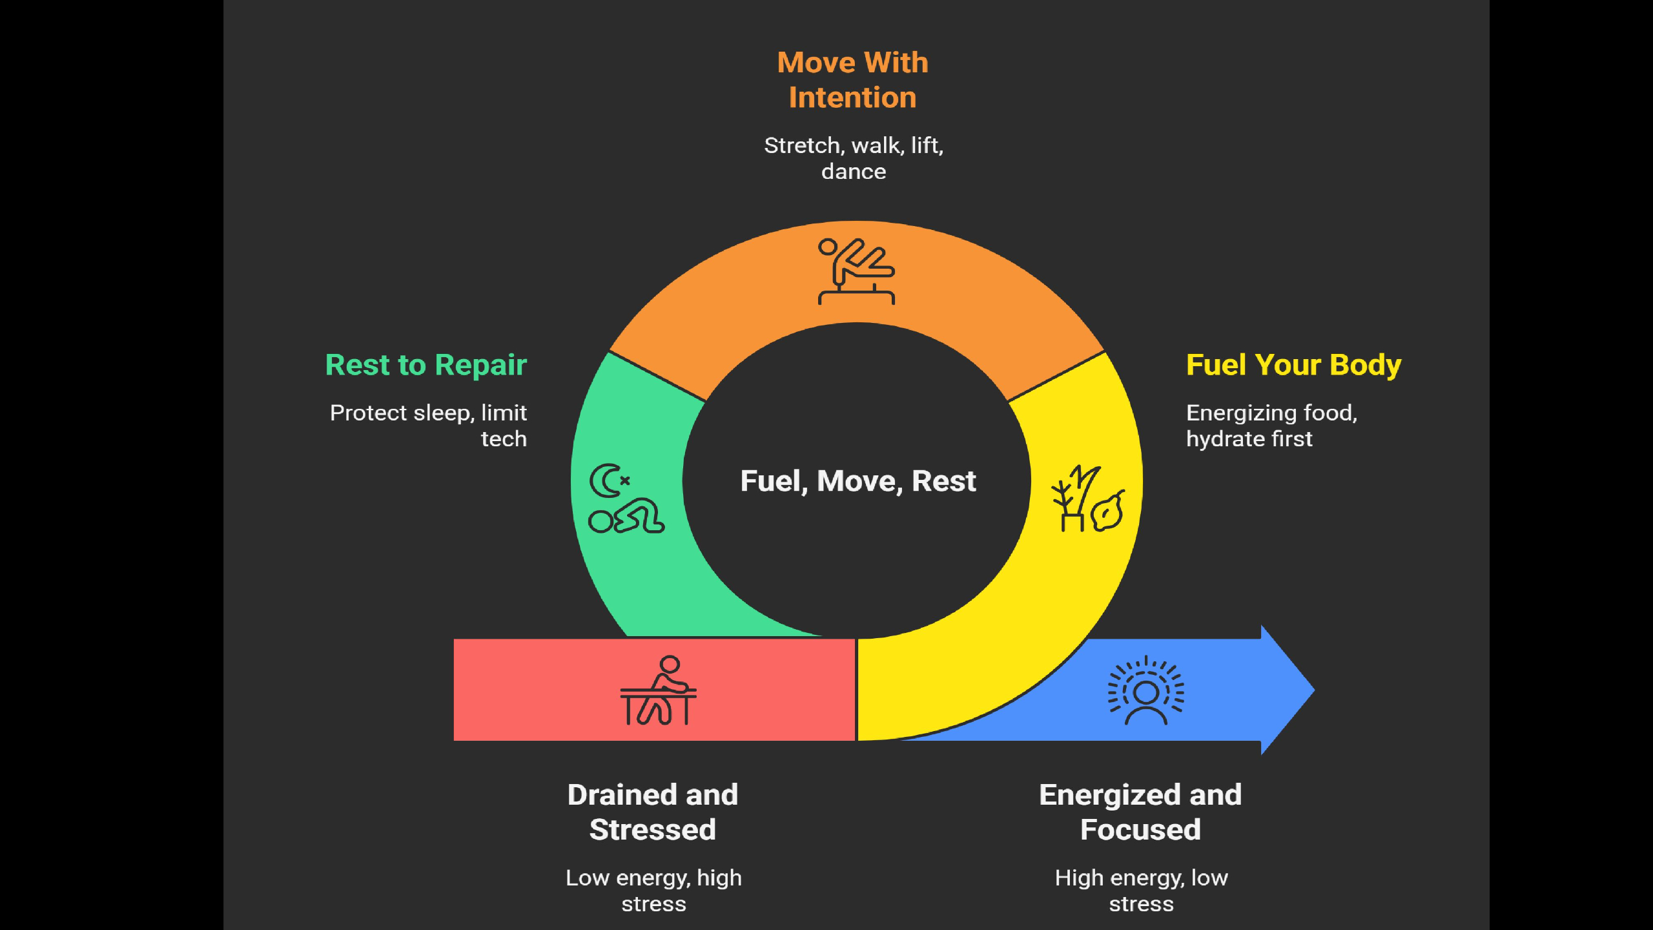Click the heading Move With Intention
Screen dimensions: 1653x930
pyautogui.click(x=852, y=80)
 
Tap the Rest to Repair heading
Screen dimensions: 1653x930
pyautogui.click(x=426, y=365)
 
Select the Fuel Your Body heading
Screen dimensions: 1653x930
pyautogui.click(x=1293, y=365)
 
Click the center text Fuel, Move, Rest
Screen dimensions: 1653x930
pyautogui.click(x=857, y=481)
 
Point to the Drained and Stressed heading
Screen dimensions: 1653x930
pyautogui.click(x=653, y=812)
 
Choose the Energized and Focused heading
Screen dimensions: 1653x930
pyautogui.click(x=1140, y=812)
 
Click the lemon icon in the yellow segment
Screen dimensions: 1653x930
pyautogui.click(x=1108, y=512)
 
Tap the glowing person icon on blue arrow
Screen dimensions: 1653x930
pyautogui.click(x=1146, y=690)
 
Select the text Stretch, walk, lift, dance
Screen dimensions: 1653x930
pyautogui.click(x=854, y=158)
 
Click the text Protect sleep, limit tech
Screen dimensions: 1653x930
pyautogui.click(x=429, y=426)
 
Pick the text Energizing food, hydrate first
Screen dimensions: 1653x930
pyautogui.click(x=1271, y=426)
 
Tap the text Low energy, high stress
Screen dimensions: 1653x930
pyautogui.click(x=653, y=891)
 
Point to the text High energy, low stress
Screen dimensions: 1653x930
pyautogui.click(x=1141, y=891)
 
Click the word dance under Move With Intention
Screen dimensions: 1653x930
pyautogui.click(x=854, y=172)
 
